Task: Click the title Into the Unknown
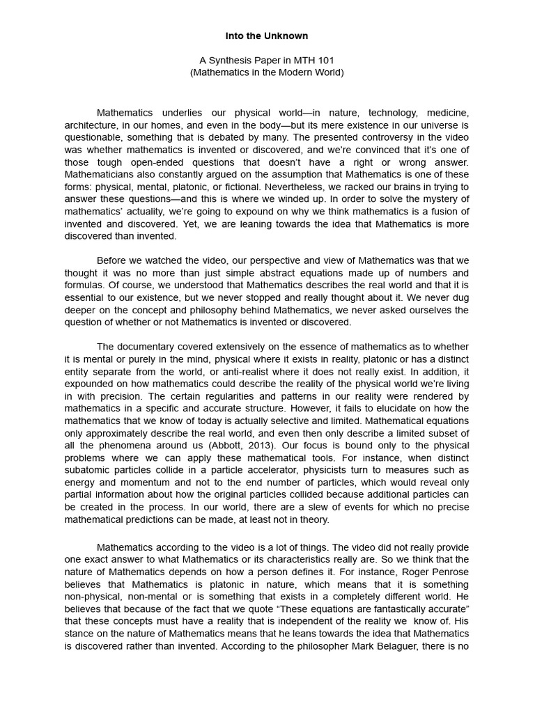pyautogui.click(x=267, y=36)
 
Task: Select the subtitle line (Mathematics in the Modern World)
pyautogui.click(x=267, y=72)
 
